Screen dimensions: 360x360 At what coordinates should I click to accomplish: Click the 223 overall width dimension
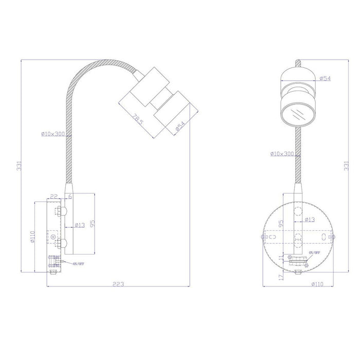(x=118, y=284)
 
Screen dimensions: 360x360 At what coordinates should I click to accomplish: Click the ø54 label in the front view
(x=325, y=78)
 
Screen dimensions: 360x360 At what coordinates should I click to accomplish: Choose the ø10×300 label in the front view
(x=281, y=154)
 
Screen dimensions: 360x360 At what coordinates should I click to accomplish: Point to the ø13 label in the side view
(x=80, y=225)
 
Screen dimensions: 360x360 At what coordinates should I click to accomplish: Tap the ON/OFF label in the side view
(x=79, y=264)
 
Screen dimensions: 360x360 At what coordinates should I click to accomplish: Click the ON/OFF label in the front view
(x=314, y=253)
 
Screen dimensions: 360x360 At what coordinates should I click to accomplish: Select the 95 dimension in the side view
(x=93, y=223)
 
